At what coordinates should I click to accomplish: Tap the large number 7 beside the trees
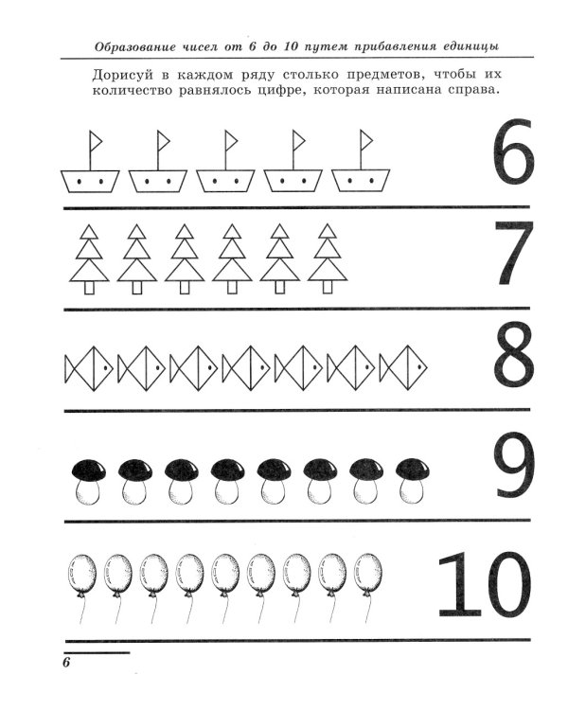(x=514, y=253)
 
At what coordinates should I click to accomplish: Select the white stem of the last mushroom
(x=409, y=491)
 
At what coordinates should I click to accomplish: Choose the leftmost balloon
(x=84, y=573)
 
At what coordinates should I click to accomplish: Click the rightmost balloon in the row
(x=368, y=573)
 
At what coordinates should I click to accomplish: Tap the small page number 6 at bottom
(x=67, y=662)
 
